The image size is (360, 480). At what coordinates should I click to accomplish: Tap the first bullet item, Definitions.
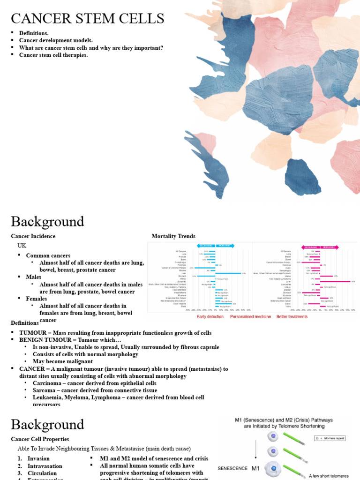click(x=34, y=33)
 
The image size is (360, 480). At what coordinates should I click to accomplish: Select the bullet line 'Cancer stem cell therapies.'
click(x=53, y=55)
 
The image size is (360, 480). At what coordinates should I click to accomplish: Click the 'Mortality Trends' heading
click(x=173, y=236)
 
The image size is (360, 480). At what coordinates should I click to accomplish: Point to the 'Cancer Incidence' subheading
click(x=33, y=236)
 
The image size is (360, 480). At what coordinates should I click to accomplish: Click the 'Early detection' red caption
click(x=210, y=317)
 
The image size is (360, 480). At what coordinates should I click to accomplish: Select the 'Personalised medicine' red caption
click(x=251, y=317)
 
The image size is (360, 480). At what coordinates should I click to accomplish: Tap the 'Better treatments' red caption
click(x=292, y=317)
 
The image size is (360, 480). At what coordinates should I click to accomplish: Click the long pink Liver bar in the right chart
click(x=337, y=282)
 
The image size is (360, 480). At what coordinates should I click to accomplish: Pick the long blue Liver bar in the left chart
click(x=228, y=273)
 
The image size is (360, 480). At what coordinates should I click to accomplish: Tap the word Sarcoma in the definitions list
click(x=45, y=390)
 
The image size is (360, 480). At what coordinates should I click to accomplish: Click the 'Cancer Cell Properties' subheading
click(x=40, y=439)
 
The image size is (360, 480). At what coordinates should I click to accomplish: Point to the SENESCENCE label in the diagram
click(x=232, y=468)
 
